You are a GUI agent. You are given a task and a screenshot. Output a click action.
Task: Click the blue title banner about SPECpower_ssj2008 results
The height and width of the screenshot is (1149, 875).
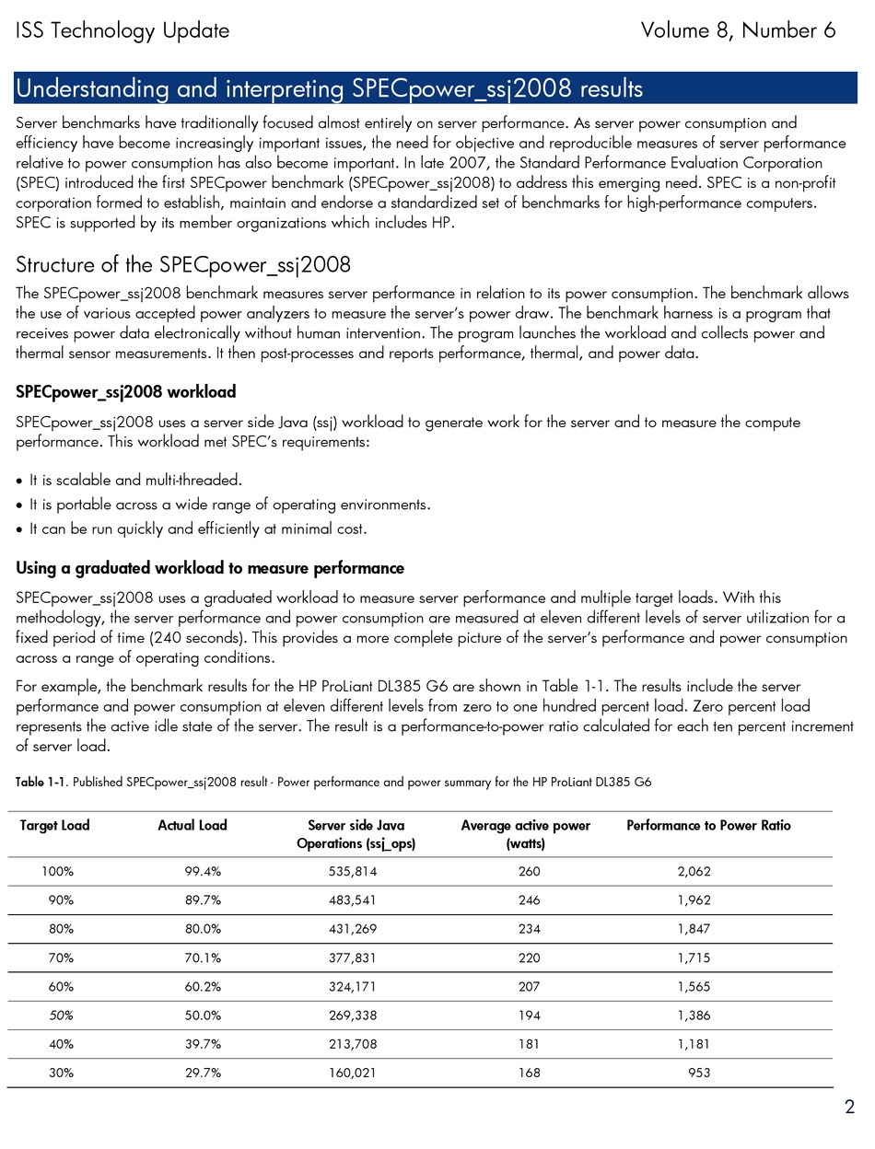(x=436, y=89)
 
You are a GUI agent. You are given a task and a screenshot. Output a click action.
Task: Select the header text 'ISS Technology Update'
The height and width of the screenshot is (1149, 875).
(x=122, y=31)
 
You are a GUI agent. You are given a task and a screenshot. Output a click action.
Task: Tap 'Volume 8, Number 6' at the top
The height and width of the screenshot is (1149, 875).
(x=738, y=31)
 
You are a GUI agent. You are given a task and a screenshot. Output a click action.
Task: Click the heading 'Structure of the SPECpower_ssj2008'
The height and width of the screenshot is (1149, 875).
(x=183, y=266)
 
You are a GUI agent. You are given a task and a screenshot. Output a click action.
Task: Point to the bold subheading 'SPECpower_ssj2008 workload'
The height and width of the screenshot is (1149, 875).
(x=126, y=392)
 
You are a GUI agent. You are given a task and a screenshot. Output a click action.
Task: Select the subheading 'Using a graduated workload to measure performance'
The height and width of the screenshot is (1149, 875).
(x=210, y=567)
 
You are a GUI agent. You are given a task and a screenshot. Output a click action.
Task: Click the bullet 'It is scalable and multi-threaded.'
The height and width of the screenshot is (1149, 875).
(x=136, y=481)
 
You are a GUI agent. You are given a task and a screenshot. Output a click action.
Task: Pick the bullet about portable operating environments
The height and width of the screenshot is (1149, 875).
(x=229, y=505)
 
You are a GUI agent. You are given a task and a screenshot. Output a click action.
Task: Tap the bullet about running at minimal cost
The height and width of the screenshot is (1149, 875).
(x=198, y=529)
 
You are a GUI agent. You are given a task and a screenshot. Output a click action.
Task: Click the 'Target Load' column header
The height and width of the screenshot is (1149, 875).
(x=55, y=826)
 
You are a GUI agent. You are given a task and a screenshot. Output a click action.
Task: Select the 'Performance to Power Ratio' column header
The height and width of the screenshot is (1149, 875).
(x=708, y=826)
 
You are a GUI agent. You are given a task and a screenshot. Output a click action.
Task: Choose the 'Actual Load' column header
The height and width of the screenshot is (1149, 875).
(x=192, y=826)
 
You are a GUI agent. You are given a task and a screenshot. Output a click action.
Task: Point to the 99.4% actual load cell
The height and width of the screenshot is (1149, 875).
(x=203, y=871)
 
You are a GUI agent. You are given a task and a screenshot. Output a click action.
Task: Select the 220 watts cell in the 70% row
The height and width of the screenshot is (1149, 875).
(x=529, y=957)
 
